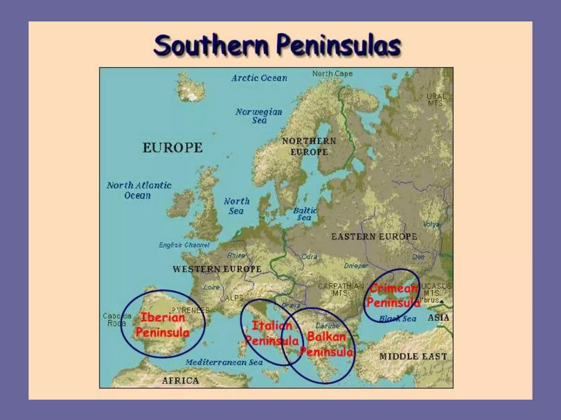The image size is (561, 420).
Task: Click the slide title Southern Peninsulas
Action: [x=277, y=45]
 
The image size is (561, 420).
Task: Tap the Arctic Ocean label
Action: [x=259, y=78]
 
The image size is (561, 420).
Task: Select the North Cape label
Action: [x=332, y=74]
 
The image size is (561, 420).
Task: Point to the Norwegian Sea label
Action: [x=259, y=116]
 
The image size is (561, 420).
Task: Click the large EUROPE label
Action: [x=173, y=148]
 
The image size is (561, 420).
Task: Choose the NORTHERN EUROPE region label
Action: [x=309, y=147]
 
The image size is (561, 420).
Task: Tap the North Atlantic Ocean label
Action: [x=139, y=190]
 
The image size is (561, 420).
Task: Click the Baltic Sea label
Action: [x=305, y=214]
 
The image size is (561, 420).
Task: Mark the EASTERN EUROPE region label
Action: [x=374, y=237]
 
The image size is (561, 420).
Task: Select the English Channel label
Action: [x=184, y=245]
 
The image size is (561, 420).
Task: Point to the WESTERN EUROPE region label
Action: [x=217, y=269]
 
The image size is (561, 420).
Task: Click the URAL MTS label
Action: [x=436, y=100]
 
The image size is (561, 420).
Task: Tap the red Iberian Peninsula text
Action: [x=163, y=325]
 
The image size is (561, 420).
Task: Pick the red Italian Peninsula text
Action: [x=272, y=333]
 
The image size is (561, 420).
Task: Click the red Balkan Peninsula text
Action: [x=327, y=344]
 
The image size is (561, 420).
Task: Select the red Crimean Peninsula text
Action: [x=393, y=296]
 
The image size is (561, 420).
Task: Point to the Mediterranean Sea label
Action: [x=224, y=362]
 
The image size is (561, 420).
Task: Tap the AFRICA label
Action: [x=181, y=381]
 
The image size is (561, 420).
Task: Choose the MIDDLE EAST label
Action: [x=413, y=357]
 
